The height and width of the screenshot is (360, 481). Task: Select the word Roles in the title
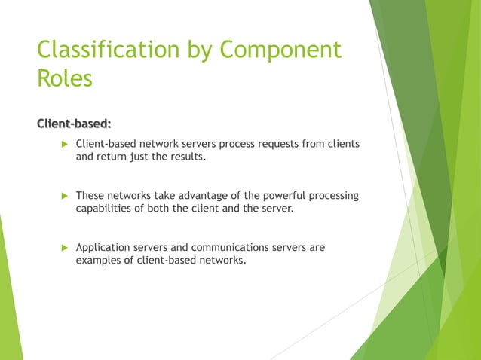(65, 78)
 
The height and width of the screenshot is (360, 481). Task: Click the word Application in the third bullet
(105, 248)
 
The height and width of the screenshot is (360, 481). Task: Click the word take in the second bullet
(167, 196)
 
